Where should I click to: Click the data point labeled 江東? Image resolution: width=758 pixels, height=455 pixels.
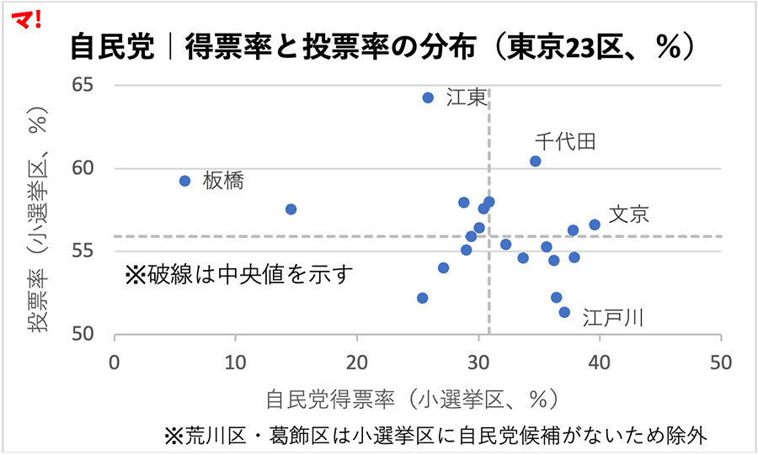point(428,98)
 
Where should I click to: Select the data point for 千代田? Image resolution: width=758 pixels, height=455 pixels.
point(535,161)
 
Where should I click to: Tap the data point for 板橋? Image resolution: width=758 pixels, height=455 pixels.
point(185,181)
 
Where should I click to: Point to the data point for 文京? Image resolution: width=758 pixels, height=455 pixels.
point(595,225)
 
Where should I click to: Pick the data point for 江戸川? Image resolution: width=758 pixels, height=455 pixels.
point(564,312)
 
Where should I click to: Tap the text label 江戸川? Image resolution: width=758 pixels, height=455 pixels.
point(613,318)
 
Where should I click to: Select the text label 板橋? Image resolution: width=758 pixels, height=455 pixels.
point(223,181)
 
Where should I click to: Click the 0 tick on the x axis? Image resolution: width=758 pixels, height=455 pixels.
point(115,363)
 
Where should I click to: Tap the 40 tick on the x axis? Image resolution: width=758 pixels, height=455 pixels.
point(600,363)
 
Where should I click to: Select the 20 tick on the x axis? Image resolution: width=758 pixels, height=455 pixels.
point(358,363)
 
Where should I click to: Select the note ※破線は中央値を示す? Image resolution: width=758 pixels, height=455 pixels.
point(238,274)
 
